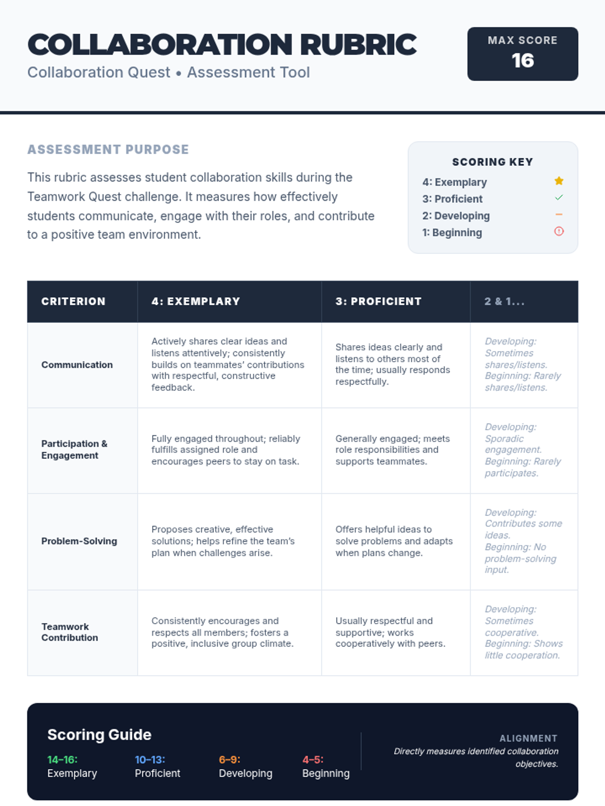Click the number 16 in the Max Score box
tap(522, 61)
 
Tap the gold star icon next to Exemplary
tap(559, 181)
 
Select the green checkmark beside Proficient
tap(559, 198)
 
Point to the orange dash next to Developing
tap(559, 215)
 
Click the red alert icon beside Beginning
tap(559, 231)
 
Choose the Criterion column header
tap(73, 301)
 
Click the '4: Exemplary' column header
tap(196, 301)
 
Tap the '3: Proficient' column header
tap(378, 301)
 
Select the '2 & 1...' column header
tap(504, 301)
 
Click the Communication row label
tap(77, 365)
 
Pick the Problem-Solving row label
tap(79, 541)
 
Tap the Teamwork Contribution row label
tap(70, 632)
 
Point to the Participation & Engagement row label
tap(74, 449)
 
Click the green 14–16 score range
tap(63, 760)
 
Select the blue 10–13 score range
tap(150, 760)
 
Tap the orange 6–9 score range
tap(229, 760)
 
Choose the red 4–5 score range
tap(313, 760)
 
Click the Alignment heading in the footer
tap(528, 738)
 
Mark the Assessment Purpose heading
tap(108, 150)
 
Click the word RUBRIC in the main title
tap(358, 45)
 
